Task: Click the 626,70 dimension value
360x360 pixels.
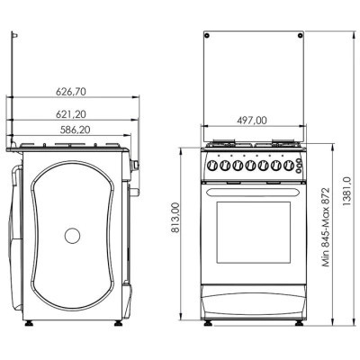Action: pyautogui.click(x=71, y=92)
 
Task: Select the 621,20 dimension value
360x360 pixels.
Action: pyautogui.click(x=71, y=114)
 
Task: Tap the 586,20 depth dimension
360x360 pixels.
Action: pyautogui.click(x=76, y=130)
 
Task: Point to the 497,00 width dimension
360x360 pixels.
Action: pyautogui.click(x=252, y=121)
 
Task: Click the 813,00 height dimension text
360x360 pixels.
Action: pyautogui.click(x=175, y=218)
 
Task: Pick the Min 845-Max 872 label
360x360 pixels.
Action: pyautogui.click(x=326, y=227)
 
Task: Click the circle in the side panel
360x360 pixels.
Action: pyautogui.click(x=72, y=236)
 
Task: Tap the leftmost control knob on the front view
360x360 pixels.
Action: pyautogui.click(x=212, y=165)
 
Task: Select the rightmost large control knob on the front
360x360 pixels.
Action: pyautogui.click(x=289, y=165)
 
